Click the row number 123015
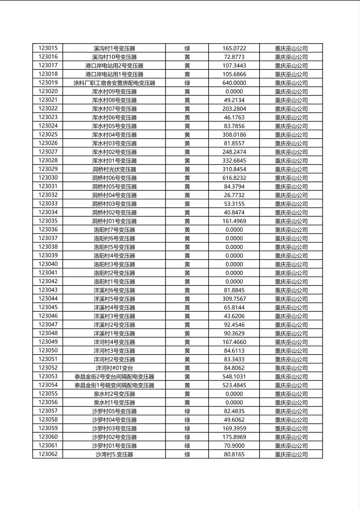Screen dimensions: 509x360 [x=48, y=48]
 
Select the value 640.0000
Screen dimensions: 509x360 [x=234, y=83]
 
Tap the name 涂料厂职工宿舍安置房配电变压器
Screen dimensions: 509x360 [x=114, y=83]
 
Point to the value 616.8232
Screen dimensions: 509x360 [x=234, y=178]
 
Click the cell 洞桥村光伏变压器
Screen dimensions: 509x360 [x=114, y=169]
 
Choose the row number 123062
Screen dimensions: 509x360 [x=48, y=454]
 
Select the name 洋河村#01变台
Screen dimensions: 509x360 [x=114, y=368]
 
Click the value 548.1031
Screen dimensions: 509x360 [x=234, y=377]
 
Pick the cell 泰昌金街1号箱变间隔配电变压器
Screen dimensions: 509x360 [x=114, y=385]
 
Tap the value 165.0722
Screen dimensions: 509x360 [x=234, y=48]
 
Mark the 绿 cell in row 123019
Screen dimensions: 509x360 [x=187, y=83]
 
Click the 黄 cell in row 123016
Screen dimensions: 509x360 [x=187, y=57]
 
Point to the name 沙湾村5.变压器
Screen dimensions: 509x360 [x=114, y=455]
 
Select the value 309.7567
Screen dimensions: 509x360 [x=234, y=299]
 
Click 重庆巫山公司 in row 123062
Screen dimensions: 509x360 [x=291, y=455]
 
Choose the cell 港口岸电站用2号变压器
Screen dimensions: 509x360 [x=114, y=65]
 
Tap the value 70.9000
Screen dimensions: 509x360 [x=234, y=446]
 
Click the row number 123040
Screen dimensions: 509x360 [x=48, y=264]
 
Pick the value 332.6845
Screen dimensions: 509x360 [x=234, y=161]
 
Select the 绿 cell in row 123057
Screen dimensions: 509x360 [x=187, y=411]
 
